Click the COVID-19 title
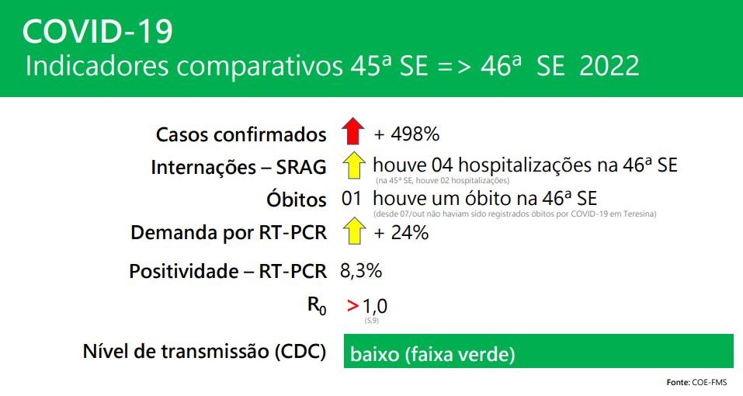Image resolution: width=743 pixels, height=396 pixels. tap(98, 32)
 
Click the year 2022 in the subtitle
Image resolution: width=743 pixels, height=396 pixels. tap(609, 65)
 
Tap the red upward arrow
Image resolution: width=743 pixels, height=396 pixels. tap(353, 130)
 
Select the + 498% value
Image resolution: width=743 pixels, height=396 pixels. tap(407, 134)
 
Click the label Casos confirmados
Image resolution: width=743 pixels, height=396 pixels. tap(241, 134)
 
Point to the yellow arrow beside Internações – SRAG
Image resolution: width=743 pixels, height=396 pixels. tap(353, 165)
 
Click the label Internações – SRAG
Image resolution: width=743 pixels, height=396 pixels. tap(239, 167)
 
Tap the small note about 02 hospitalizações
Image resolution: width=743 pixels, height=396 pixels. tap(443, 180)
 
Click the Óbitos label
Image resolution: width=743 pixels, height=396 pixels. tap(297, 200)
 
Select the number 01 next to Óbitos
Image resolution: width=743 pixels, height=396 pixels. tap(351, 198)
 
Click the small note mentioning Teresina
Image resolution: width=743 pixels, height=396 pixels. tap(515, 214)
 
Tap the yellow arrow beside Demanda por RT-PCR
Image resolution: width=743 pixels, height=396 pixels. tap(353, 231)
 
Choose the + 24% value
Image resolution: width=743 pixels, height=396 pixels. tap(401, 233)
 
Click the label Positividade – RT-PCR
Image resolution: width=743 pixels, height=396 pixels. tap(228, 272)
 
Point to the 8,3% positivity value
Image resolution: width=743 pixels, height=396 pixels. tap(361, 271)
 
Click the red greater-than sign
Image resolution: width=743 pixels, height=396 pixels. tap(352, 306)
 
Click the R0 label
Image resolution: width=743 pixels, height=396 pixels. tap(317, 305)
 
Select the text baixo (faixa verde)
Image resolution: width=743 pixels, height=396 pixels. tap(432, 354)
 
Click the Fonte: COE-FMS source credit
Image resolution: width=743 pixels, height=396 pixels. tap(696, 382)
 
